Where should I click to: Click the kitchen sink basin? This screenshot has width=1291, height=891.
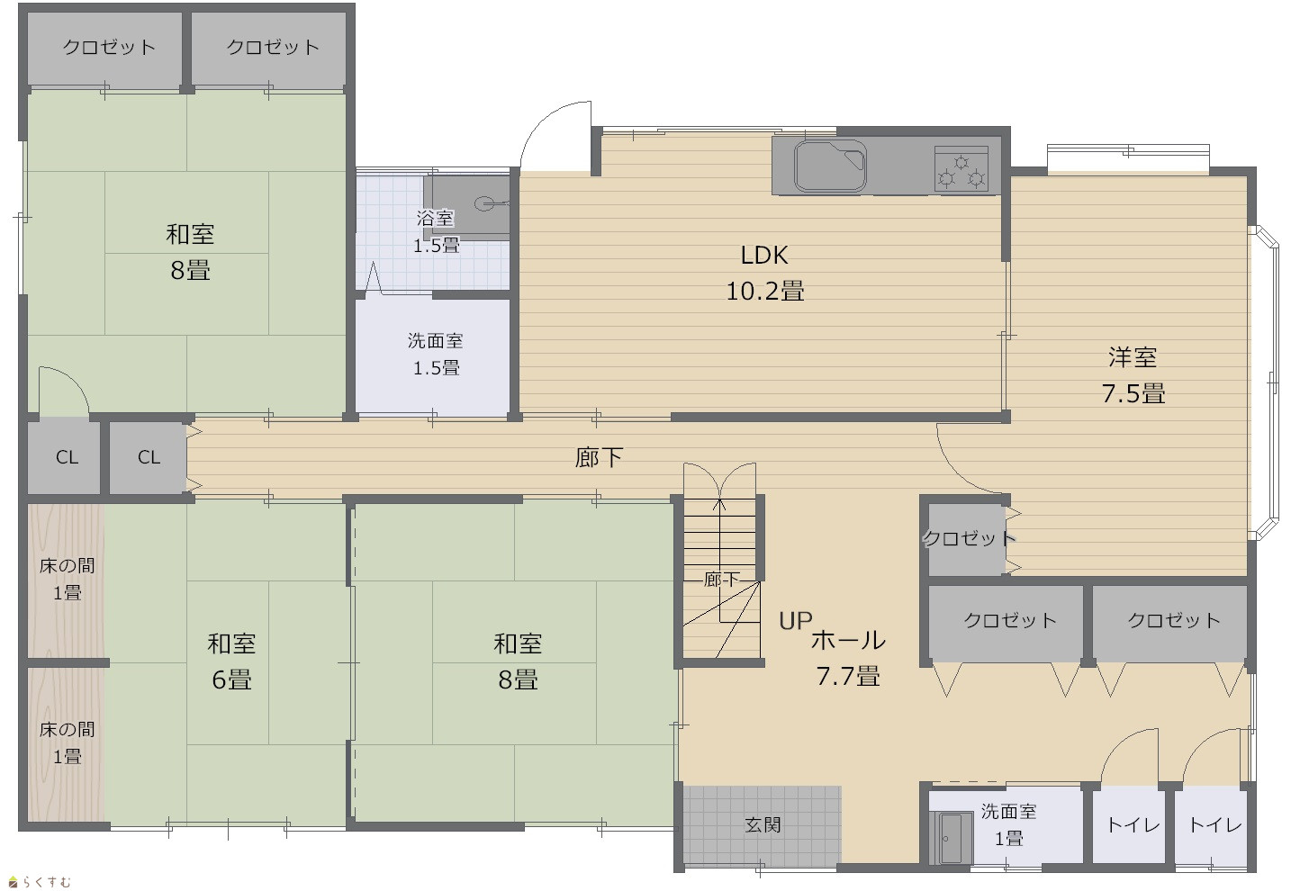[x=830, y=166]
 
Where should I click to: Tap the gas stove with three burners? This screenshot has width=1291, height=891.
[x=961, y=168]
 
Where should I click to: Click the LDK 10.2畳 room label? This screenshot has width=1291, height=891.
[x=765, y=274]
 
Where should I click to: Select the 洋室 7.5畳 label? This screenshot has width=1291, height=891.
[x=1133, y=375]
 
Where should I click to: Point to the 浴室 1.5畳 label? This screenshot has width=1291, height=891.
[x=437, y=231]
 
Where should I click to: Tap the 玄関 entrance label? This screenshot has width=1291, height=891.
[x=763, y=824]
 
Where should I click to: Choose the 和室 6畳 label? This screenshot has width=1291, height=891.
[x=231, y=661]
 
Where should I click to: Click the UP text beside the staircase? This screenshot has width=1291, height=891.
[x=795, y=621]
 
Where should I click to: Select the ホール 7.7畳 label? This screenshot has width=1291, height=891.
[x=848, y=658]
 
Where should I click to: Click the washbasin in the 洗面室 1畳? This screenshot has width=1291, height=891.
[x=951, y=838]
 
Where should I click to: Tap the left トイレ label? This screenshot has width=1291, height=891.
[x=1133, y=825]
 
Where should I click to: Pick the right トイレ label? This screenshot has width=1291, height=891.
[x=1215, y=825]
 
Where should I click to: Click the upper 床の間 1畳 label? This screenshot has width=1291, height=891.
[x=67, y=579]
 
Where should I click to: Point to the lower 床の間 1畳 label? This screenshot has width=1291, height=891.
[x=67, y=742]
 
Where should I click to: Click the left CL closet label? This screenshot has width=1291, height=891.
[x=67, y=457]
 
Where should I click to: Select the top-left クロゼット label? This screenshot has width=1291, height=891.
[x=109, y=47]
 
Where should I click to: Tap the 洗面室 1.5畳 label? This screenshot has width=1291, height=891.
[x=437, y=354]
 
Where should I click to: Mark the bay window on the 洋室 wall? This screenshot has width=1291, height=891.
[x=1268, y=383]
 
